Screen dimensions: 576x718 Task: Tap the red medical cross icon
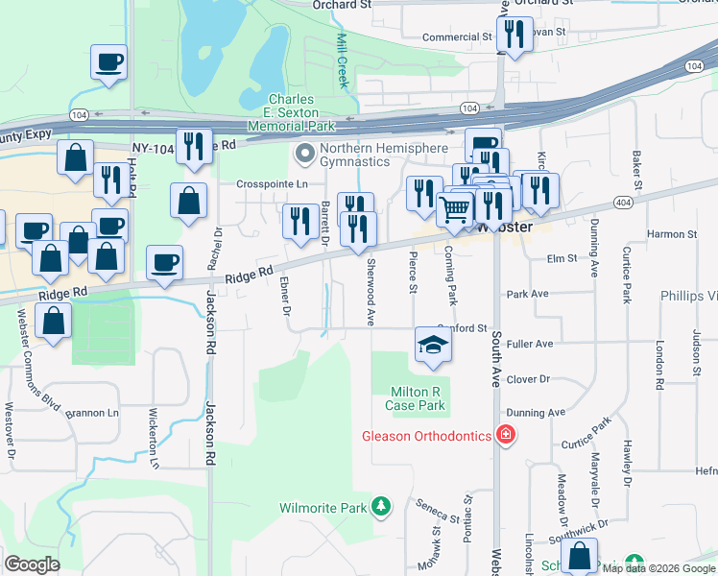point(506,436)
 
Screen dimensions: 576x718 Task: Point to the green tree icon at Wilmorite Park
point(382,506)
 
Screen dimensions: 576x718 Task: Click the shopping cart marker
point(455,208)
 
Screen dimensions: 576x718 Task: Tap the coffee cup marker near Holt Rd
point(108,64)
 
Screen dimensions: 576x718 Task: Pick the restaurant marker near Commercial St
point(515,36)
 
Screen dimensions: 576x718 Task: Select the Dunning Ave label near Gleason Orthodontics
point(536,413)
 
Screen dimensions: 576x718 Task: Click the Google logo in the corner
point(32,564)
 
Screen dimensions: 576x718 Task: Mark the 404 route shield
point(623,203)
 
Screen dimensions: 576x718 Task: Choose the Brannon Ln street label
point(92,413)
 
